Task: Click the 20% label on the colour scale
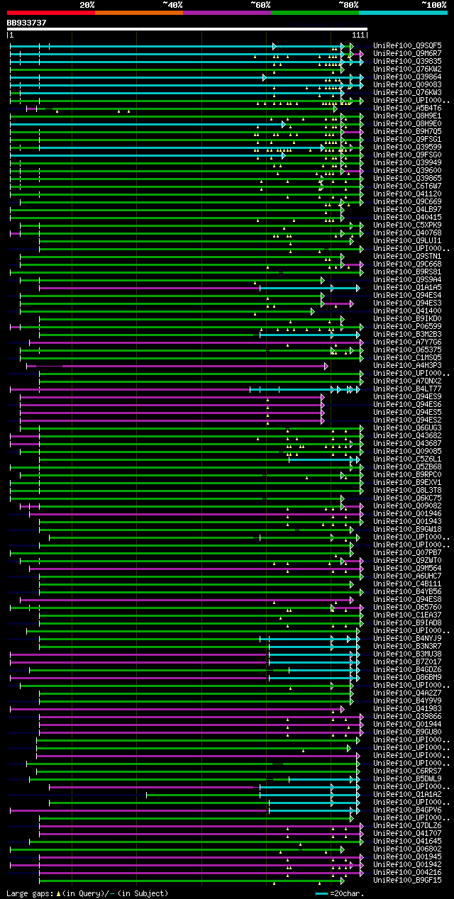click(87, 4)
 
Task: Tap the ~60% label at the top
click(260, 4)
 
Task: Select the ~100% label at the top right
click(433, 4)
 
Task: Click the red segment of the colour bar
click(50, 12)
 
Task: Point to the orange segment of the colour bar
click(138, 12)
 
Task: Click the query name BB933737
click(26, 23)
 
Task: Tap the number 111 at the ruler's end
click(358, 35)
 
